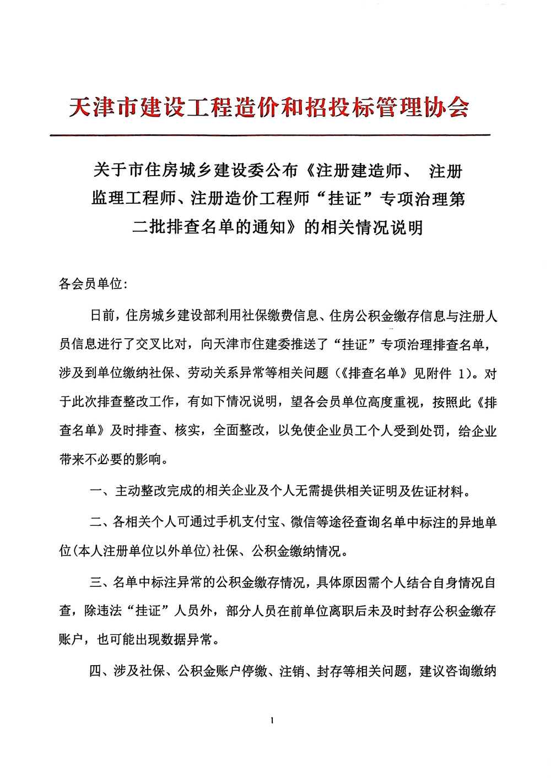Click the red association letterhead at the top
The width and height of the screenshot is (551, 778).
tap(269, 107)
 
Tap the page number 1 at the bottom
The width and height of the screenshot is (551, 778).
tap(273, 720)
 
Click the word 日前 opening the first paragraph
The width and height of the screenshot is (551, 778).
tap(102, 316)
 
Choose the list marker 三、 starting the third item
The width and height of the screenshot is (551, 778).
tap(101, 582)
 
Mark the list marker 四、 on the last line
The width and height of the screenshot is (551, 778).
tap(101, 671)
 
